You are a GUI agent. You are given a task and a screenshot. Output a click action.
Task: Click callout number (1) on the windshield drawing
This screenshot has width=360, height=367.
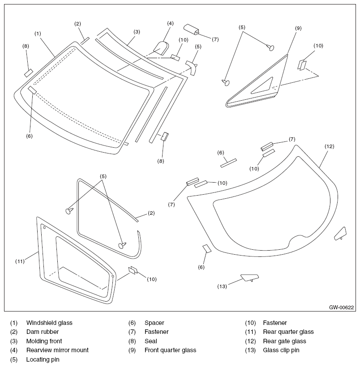click(x=38, y=33)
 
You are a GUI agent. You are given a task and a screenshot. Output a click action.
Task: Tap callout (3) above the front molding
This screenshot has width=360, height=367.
click(x=137, y=31)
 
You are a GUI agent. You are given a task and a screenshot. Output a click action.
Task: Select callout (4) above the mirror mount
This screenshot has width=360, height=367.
click(x=170, y=23)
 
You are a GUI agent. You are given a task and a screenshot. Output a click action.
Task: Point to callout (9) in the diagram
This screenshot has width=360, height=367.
click(x=298, y=28)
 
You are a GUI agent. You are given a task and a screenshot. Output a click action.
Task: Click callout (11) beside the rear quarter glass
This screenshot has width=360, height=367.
click(x=19, y=260)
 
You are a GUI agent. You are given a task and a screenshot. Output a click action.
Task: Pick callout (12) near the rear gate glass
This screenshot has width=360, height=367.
click(x=330, y=146)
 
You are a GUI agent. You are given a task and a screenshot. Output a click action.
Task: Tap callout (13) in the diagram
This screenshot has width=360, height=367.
click(x=222, y=286)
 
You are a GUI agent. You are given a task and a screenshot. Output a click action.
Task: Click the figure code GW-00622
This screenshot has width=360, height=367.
click(x=342, y=307)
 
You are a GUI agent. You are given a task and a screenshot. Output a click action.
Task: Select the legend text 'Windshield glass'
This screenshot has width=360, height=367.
click(x=49, y=323)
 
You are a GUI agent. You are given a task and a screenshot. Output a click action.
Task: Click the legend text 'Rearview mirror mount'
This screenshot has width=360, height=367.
click(x=57, y=350)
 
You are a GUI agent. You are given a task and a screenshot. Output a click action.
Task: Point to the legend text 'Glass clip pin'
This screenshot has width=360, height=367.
click(x=281, y=350)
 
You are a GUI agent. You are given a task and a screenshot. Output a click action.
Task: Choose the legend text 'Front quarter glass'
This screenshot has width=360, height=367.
click(x=170, y=350)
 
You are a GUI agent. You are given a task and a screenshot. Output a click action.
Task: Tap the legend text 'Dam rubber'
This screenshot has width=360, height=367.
click(x=43, y=332)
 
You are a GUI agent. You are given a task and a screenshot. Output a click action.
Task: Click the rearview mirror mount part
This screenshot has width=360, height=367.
click(x=161, y=47)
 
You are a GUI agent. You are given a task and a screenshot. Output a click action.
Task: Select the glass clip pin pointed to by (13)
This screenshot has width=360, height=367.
click(x=248, y=277)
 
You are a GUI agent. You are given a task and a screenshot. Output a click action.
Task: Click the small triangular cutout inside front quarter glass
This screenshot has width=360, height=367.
click(x=263, y=86)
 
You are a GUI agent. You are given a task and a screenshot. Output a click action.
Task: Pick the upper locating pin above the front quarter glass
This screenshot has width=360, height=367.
click(x=270, y=47)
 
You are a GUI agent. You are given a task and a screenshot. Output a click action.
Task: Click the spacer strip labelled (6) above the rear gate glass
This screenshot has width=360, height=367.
click(x=228, y=163)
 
